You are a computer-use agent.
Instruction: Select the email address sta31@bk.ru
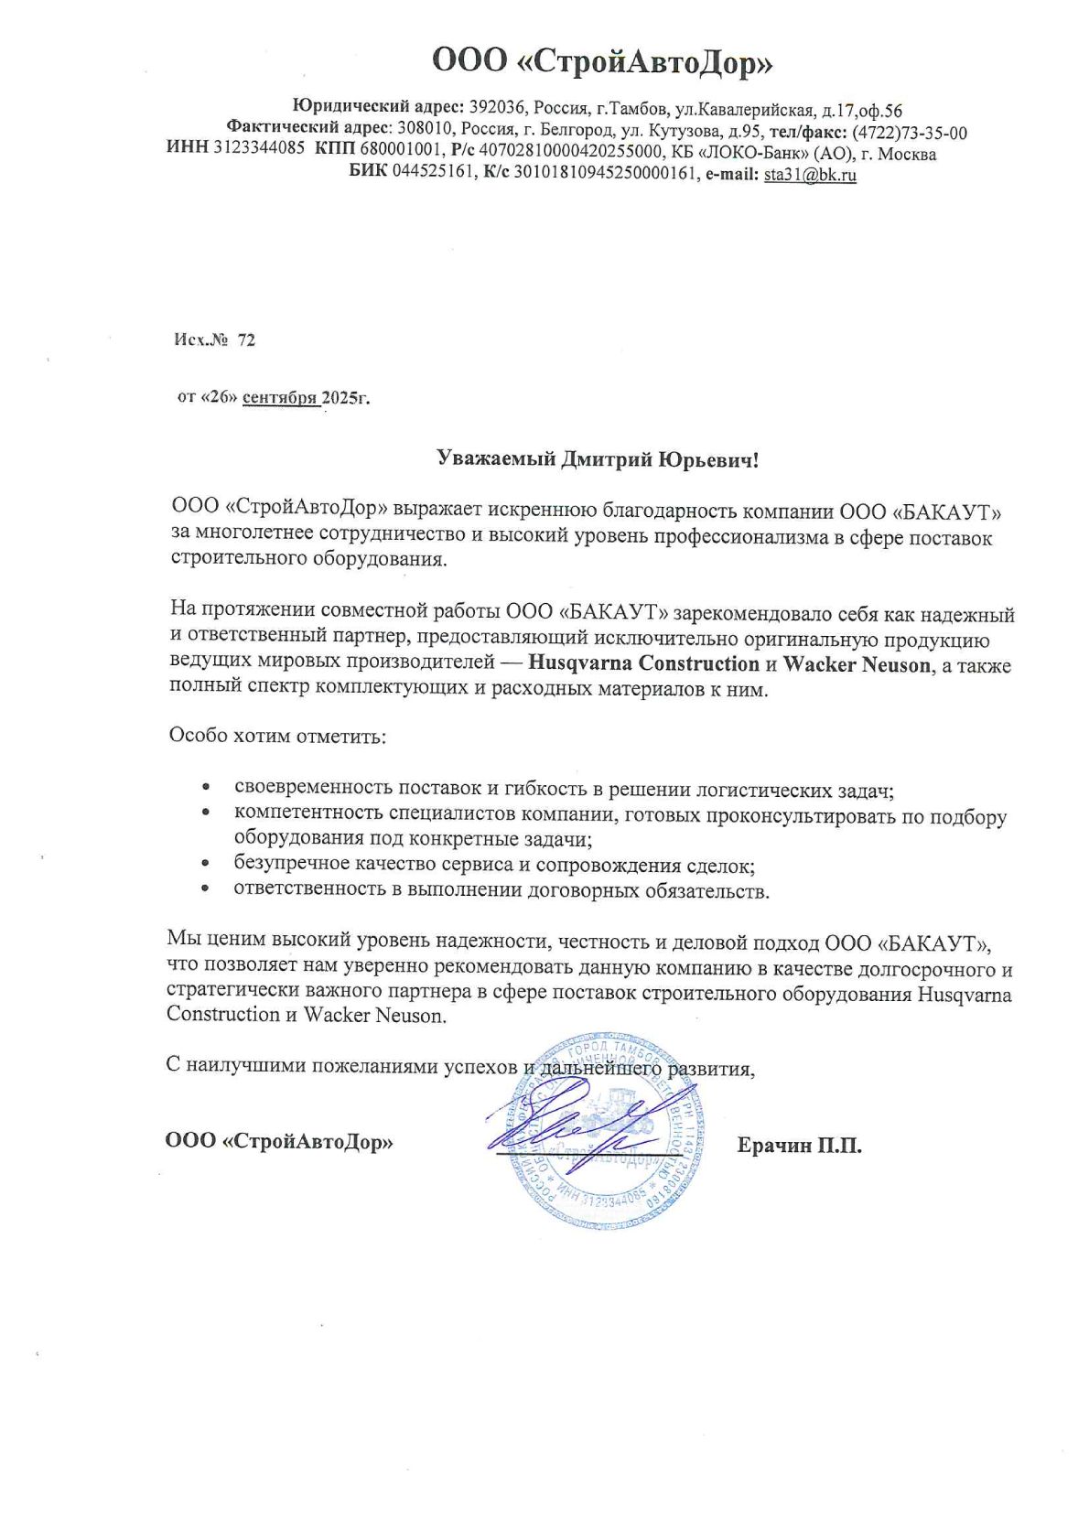(810, 175)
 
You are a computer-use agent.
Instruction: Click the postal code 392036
(498, 110)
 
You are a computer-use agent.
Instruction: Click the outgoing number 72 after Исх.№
(246, 340)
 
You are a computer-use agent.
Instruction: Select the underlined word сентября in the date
(280, 398)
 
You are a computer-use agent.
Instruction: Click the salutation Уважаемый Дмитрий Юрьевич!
(598, 458)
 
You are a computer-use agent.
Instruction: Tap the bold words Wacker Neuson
(856, 664)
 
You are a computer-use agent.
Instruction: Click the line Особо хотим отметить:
(277, 736)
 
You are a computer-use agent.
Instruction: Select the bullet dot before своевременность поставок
(208, 788)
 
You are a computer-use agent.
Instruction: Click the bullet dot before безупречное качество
(208, 864)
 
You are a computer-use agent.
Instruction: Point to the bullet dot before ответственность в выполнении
(208, 888)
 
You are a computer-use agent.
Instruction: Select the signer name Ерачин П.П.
(799, 1146)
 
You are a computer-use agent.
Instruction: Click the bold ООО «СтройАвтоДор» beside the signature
(279, 1142)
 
